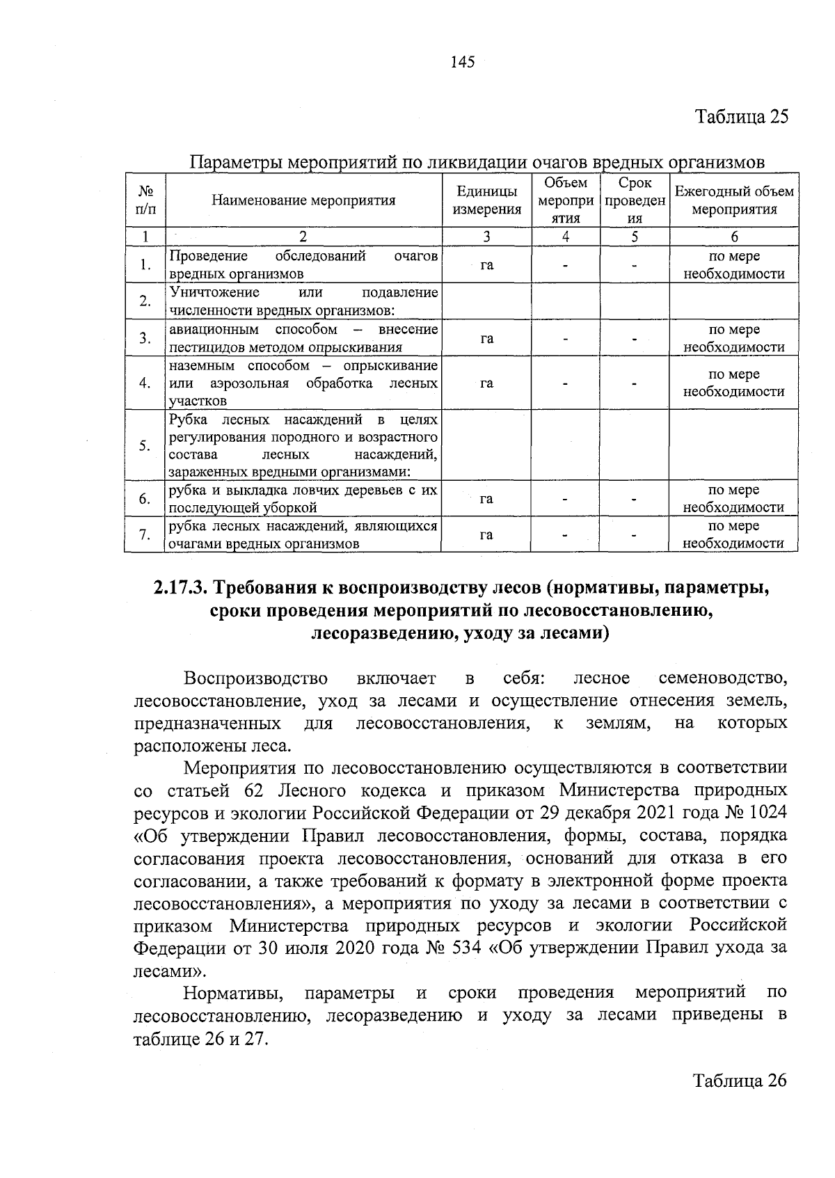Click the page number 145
pyautogui.click(x=462, y=63)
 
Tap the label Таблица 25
pyautogui.click(x=742, y=116)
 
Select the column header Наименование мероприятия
pyautogui.click(x=303, y=200)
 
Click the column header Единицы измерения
pyautogui.click(x=486, y=200)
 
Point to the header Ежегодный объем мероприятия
pyautogui.click(x=733, y=200)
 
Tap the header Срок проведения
pyautogui.click(x=634, y=200)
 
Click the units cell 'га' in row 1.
pyautogui.click(x=486, y=265)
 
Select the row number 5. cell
pyautogui.click(x=145, y=445)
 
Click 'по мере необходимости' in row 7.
pyautogui.click(x=733, y=534)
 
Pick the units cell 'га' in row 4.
pyautogui.click(x=486, y=383)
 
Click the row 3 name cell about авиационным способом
pyautogui.click(x=303, y=337)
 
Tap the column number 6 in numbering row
pyautogui.click(x=733, y=236)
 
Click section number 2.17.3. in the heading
pyautogui.click(x=180, y=588)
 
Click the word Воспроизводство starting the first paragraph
pyautogui.click(x=255, y=678)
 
